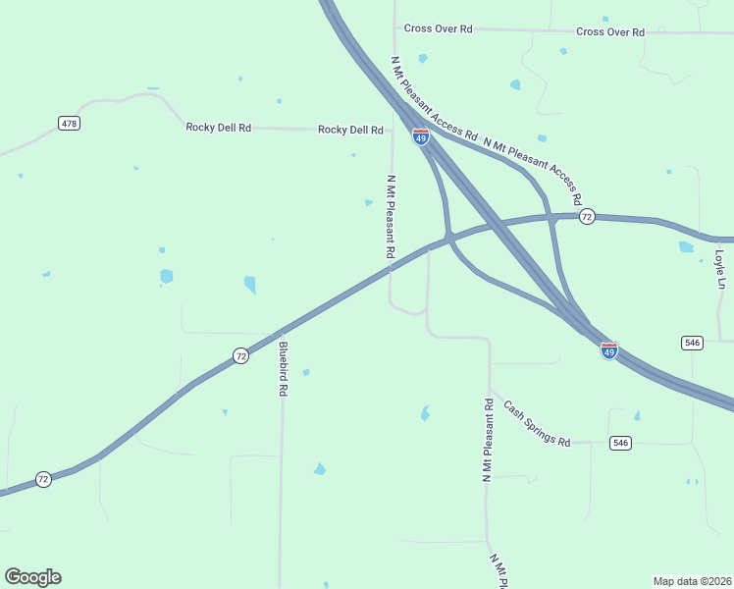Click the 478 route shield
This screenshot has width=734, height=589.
pos(69,124)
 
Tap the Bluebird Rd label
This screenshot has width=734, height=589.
pos(283,368)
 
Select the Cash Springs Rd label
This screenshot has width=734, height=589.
pos(537,423)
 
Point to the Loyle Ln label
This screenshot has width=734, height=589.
pos(719,269)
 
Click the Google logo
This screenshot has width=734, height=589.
pos(32,577)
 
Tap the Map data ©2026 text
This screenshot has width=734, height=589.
pos(692,580)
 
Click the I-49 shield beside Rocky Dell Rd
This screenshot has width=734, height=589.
pos(420,137)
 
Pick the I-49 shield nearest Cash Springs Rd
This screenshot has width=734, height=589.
pos(609,350)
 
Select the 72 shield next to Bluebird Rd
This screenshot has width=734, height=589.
pos(240,357)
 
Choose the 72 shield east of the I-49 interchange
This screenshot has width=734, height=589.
pos(586,216)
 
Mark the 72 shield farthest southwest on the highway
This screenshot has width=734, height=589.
pos(43,479)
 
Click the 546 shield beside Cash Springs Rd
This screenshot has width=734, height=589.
pos(620,443)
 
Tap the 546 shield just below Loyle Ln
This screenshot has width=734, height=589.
pos(693,343)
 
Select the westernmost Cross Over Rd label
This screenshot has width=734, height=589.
pos(439,28)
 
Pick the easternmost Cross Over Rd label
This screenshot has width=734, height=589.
pos(610,31)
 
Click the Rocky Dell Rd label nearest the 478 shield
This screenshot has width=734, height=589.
pos(219,128)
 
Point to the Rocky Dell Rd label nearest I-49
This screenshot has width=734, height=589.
pos(350,130)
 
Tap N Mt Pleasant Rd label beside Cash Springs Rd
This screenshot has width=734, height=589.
pos(487,440)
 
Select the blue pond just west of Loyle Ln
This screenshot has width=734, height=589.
pos(686,247)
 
